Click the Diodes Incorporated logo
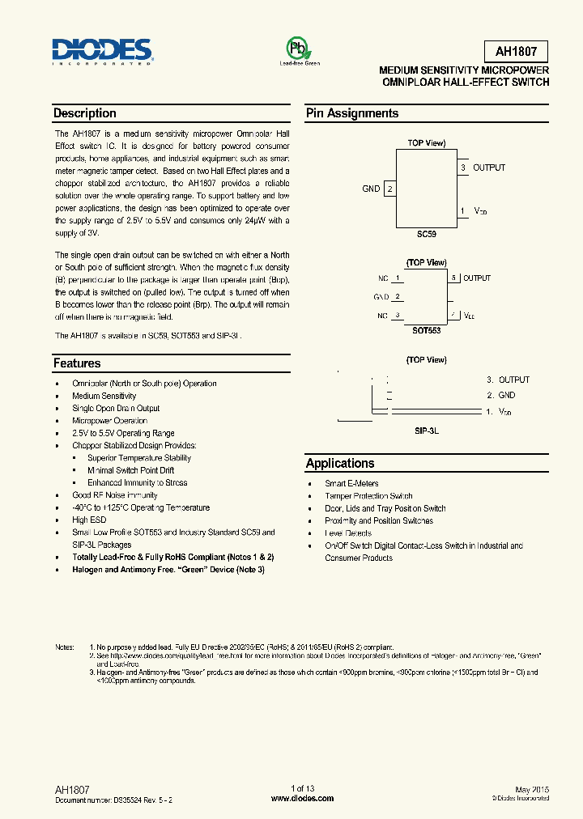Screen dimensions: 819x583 coord(103,50)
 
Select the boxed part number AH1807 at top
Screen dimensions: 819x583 coord(517,53)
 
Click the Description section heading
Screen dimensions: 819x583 coord(85,113)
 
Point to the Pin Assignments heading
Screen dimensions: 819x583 coord(352,113)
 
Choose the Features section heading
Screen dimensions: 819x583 coord(77,363)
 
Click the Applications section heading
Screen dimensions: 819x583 coord(340,464)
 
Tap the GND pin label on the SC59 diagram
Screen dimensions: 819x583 coord(371,189)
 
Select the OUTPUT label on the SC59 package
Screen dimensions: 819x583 coord(489,168)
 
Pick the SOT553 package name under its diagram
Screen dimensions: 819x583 coord(427,331)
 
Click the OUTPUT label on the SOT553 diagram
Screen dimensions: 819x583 coord(477,278)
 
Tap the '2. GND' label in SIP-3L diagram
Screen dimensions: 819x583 coord(500,395)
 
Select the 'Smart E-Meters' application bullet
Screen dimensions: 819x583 coord(351,483)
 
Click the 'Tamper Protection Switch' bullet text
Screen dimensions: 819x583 coord(368,496)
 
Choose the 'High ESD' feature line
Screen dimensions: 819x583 coord(89,520)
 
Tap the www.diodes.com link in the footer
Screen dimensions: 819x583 coord(302,798)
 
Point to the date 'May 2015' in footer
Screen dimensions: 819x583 coord(530,789)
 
